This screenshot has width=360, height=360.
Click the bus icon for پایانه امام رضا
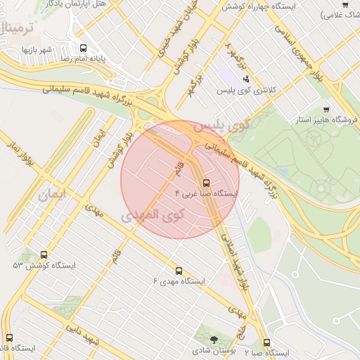84,49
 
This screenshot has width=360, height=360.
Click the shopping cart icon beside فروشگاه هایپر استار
326,110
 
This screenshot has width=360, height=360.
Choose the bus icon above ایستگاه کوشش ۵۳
44,255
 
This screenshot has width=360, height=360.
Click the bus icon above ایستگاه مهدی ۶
179,270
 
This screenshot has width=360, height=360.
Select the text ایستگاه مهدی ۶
179,281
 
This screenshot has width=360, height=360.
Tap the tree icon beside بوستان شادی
214,341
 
